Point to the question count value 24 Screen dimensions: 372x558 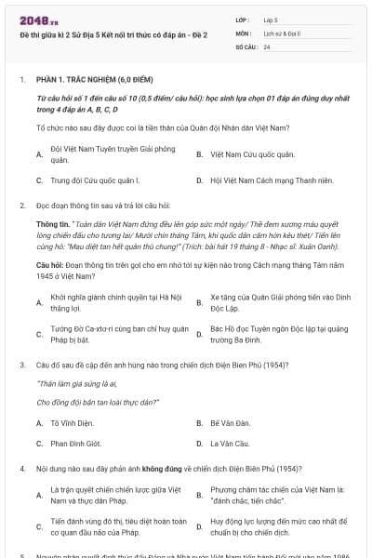267,46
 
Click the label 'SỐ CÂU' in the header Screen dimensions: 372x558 246,46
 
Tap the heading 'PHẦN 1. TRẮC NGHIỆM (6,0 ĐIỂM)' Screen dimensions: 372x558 83,80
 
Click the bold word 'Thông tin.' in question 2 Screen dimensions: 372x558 52,224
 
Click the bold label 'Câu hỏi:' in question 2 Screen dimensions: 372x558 51,264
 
